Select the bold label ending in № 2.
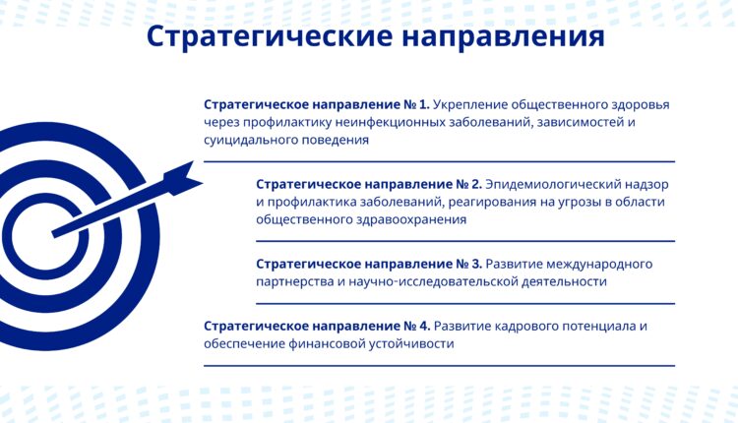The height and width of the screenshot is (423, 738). pos(369,184)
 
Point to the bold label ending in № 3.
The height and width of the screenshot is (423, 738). pos(369,264)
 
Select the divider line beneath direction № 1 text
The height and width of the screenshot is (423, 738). pos(439,161)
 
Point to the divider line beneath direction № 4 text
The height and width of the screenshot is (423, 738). pos(439,366)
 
